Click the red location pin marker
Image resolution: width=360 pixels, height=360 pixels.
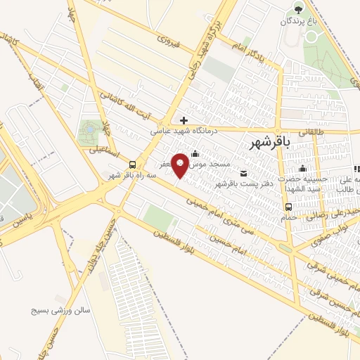(181, 164)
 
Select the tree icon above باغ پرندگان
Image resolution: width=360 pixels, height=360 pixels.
(299, 9)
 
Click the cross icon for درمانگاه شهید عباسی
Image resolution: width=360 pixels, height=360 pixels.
(184, 120)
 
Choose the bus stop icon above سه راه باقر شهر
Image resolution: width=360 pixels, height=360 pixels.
(132, 164)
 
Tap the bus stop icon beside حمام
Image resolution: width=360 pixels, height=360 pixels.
(288, 207)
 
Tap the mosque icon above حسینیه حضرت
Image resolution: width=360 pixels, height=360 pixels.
(302, 168)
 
